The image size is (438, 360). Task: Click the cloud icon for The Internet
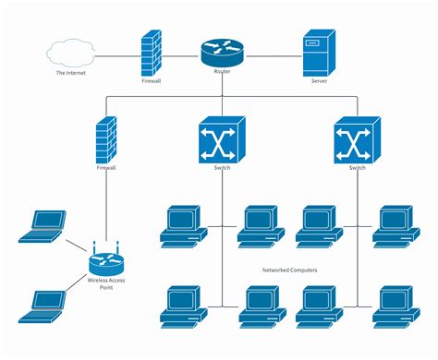click(72, 54)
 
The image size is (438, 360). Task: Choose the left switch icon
click(221, 139)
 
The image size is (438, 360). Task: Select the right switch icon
click(358, 139)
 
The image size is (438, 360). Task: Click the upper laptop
click(43, 226)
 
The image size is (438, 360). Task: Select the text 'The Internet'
click(72, 74)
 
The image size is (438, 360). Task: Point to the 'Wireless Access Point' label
click(104, 282)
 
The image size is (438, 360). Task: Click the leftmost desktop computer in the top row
click(181, 225)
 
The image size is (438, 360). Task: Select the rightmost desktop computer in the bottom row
click(395, 306)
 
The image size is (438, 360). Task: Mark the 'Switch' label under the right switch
click(358, 168)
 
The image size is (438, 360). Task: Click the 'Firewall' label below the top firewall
click(152, 81)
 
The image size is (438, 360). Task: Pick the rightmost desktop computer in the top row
click(395, 225)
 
